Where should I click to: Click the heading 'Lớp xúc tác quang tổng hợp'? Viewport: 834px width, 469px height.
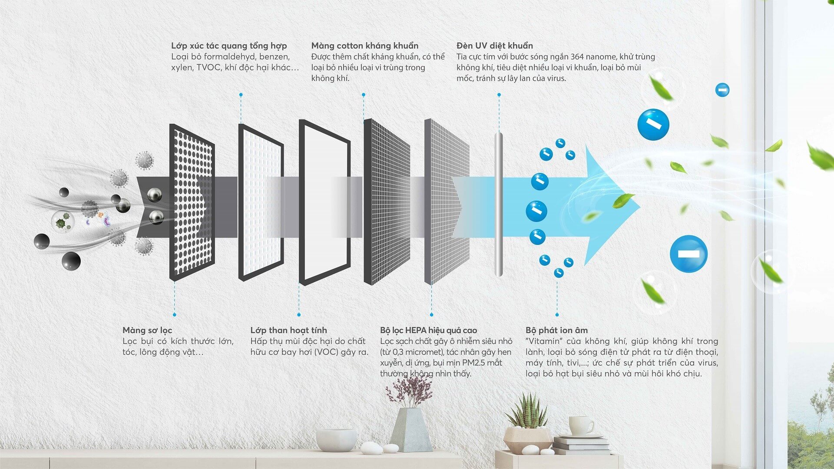point(229,46)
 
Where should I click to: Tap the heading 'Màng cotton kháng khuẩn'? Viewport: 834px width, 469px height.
point(365,46)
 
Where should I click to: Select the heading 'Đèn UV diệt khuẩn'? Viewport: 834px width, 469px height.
point(495,46)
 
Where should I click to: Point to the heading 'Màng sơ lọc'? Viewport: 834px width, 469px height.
point(147,330)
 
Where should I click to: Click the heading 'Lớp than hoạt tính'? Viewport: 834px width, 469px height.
point(289,330)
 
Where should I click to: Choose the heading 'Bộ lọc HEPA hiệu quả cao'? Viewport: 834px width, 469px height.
point(428,330)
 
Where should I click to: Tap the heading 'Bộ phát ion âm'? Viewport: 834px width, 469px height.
point(556,330)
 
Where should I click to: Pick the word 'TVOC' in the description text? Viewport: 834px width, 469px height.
point(208,67)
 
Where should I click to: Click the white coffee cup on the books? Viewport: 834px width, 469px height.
point(581,425)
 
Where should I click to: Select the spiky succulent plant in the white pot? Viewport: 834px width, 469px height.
point(527,410)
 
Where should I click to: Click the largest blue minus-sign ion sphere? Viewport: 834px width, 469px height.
point(688,254)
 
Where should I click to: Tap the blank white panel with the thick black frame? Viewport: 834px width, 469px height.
point(324,202)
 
